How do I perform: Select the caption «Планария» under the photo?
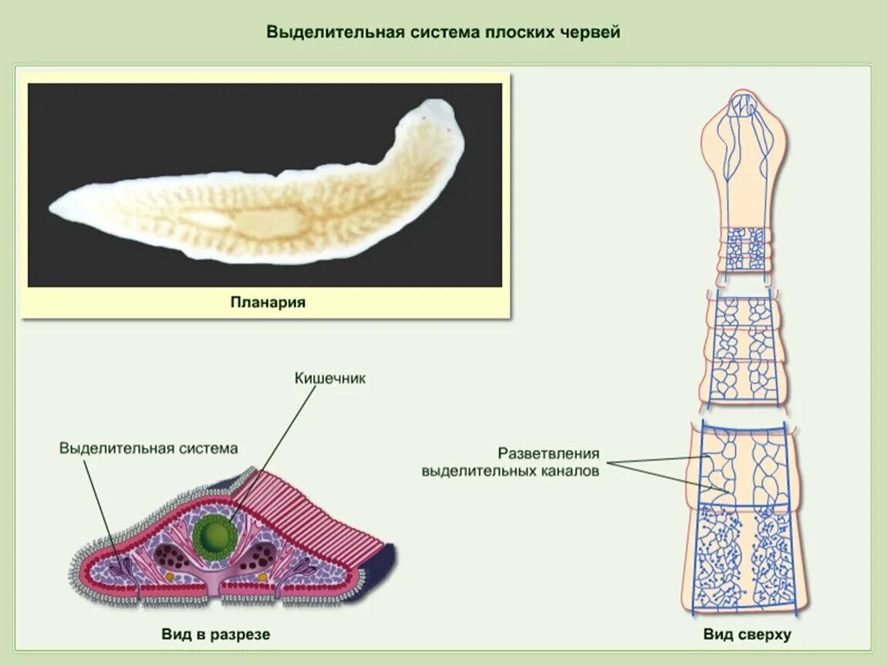click(268, 302)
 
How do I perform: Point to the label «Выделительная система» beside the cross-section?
click(149, 448)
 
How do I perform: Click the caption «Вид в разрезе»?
click(216, 634)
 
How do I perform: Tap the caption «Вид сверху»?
click(747, 634)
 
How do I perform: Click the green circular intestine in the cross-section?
click(215, 536)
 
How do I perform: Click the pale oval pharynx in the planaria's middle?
click(258, 224)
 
